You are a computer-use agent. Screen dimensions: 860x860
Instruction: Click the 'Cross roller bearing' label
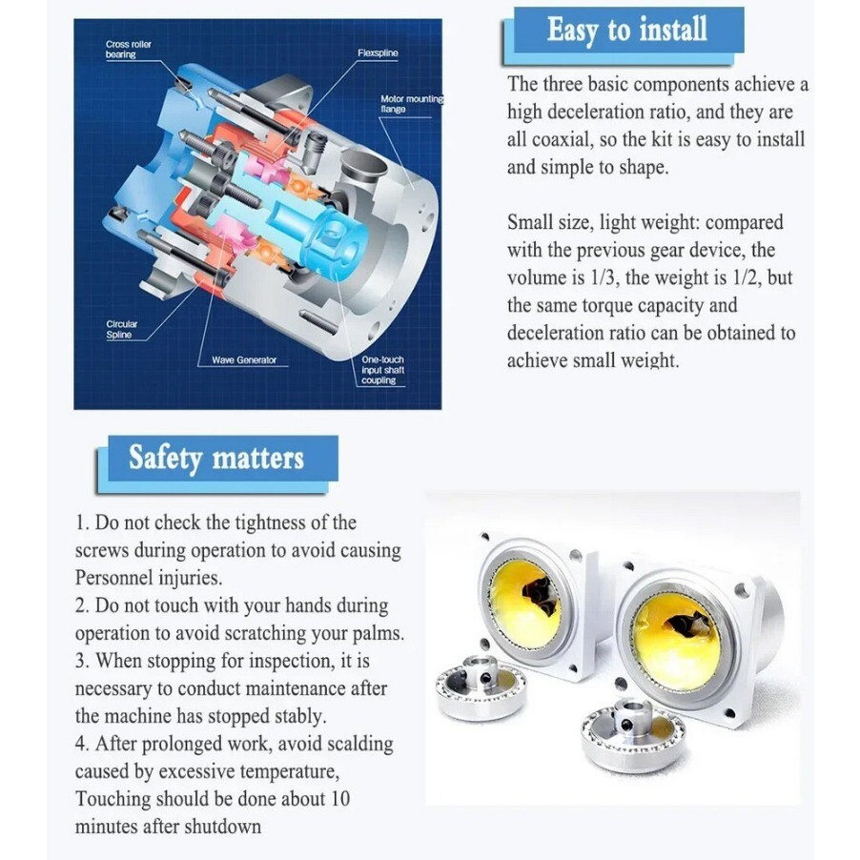(129, 50)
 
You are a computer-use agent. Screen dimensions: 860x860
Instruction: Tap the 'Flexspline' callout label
(378, 53)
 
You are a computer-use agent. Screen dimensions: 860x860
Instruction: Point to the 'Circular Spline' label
(121, 329)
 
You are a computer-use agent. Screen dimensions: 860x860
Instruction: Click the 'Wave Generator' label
(244, 359)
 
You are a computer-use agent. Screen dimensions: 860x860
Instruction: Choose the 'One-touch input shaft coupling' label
(383, 370)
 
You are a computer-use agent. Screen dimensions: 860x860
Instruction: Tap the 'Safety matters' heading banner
(216, 458)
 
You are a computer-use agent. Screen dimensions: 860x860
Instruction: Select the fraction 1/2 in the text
(746, 277)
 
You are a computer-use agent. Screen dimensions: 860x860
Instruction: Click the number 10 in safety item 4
(339, 799)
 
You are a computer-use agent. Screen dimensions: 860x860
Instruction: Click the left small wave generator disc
(481, 688)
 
